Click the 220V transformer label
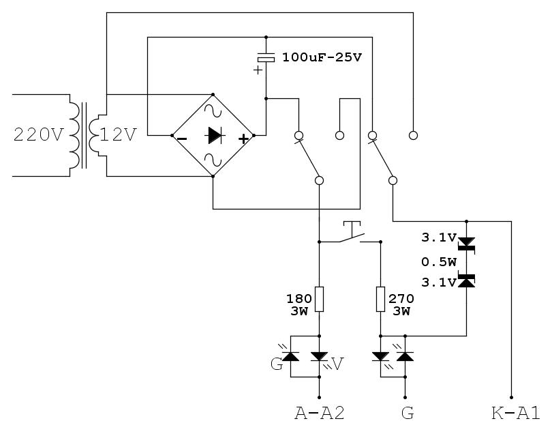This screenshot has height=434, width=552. click(x=38, y=135)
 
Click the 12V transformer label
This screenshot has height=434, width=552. click(x=119, y=135)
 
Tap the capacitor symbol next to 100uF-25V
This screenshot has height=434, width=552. click(x=266, y=59)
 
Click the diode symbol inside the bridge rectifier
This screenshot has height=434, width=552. click(x=213, y=136)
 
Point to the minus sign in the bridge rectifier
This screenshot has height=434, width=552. click(x=182, y=139)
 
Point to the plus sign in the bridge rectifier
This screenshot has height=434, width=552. click(x=243, y=139)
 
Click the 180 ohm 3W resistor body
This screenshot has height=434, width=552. click(x=319, y=298)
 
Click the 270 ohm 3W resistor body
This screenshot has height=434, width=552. click(x=380, y=298)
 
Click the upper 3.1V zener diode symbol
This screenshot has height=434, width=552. click(x=466, y=243)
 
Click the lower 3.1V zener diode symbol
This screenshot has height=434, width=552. click(x=466, y=280)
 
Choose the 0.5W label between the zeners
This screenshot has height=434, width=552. click(x=438, y=261)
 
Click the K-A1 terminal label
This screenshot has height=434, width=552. click(x=515, y=413)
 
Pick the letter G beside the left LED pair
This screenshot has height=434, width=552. click(x=276, y=364)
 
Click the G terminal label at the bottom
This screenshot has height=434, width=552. click(x=407, y=413)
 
